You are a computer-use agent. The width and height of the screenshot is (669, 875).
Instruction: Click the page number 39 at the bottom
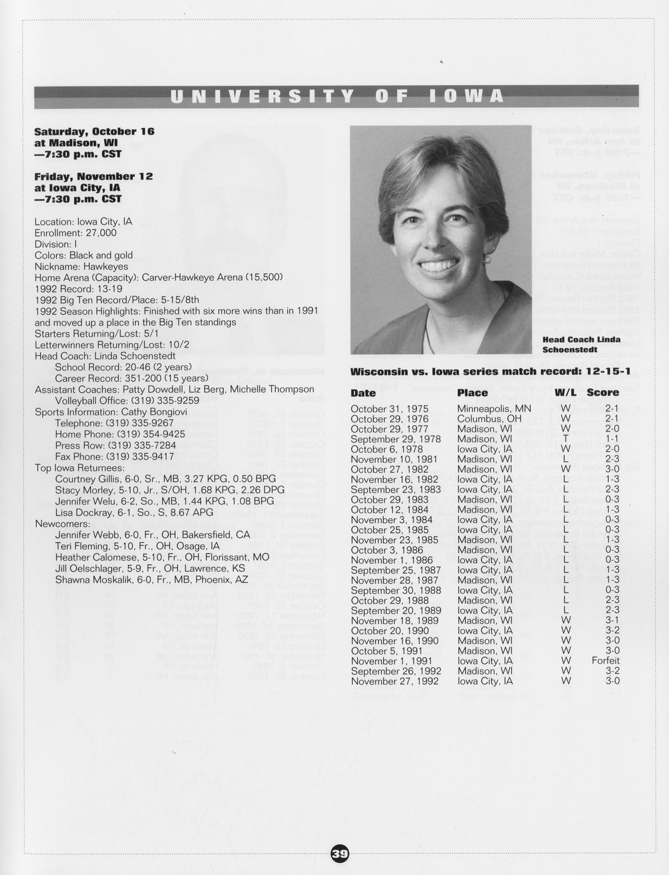point(340,854)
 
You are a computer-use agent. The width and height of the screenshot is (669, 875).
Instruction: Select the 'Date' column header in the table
point(363,393)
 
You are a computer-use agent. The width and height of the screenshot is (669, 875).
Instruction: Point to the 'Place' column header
point(472,393)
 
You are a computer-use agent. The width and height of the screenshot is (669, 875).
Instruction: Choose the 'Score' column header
point(602,393)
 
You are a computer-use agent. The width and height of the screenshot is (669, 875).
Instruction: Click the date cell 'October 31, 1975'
point(389,409)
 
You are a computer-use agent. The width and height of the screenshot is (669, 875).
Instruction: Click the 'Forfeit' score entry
point(606,661)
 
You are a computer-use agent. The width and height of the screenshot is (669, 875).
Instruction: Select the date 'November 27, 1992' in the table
point(394,681)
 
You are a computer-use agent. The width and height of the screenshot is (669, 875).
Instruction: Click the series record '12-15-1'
point(608,371)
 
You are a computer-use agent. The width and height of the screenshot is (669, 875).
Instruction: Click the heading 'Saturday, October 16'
point(94,131)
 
